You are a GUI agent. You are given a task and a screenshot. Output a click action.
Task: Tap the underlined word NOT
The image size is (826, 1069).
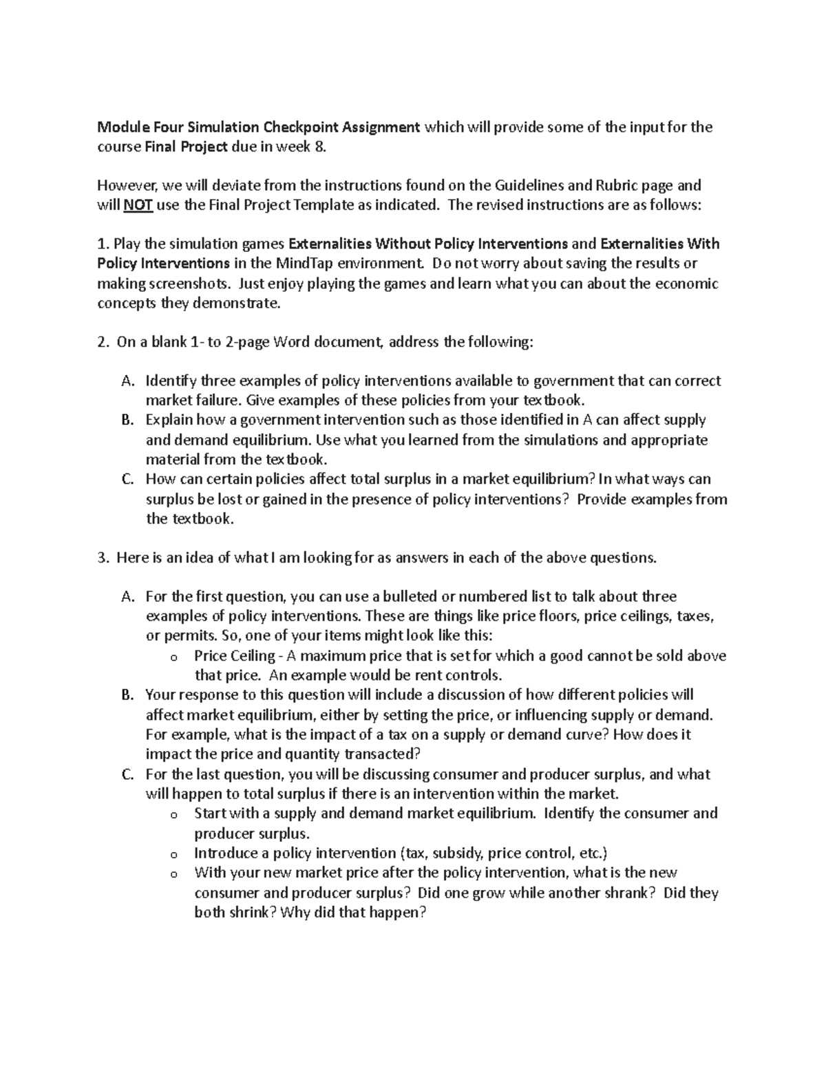pyautogui.click(x=138, y=204)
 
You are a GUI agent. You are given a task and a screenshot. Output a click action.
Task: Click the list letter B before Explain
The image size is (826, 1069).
pyautogui.click(x=127, y=420)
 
